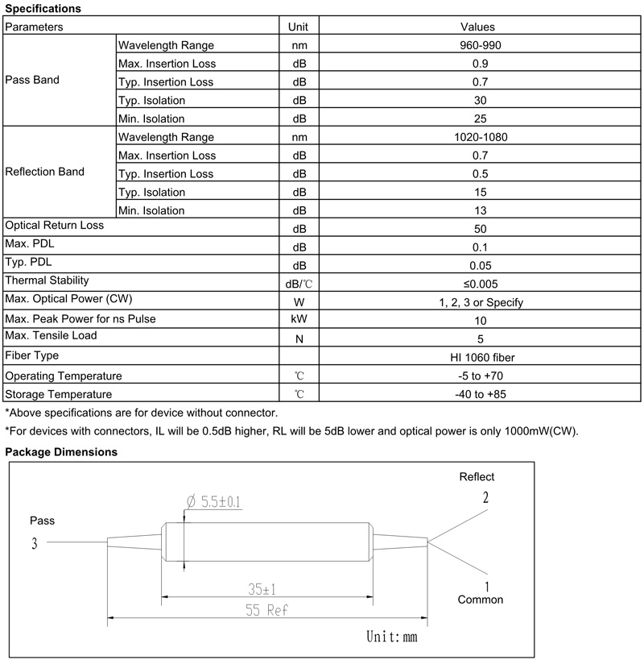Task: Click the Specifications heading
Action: pos(43,8)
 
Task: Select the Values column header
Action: pos(477,27)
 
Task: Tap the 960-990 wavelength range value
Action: pos(480,45)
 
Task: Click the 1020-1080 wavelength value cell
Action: pos(481,137)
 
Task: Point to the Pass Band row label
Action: pos(32,80)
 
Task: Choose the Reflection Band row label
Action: pos(44,172)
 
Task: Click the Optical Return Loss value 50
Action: pos(480,229)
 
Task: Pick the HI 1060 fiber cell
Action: pos(482,358)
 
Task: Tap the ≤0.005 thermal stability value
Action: pos(481,284)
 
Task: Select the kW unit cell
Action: pos(299,319)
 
